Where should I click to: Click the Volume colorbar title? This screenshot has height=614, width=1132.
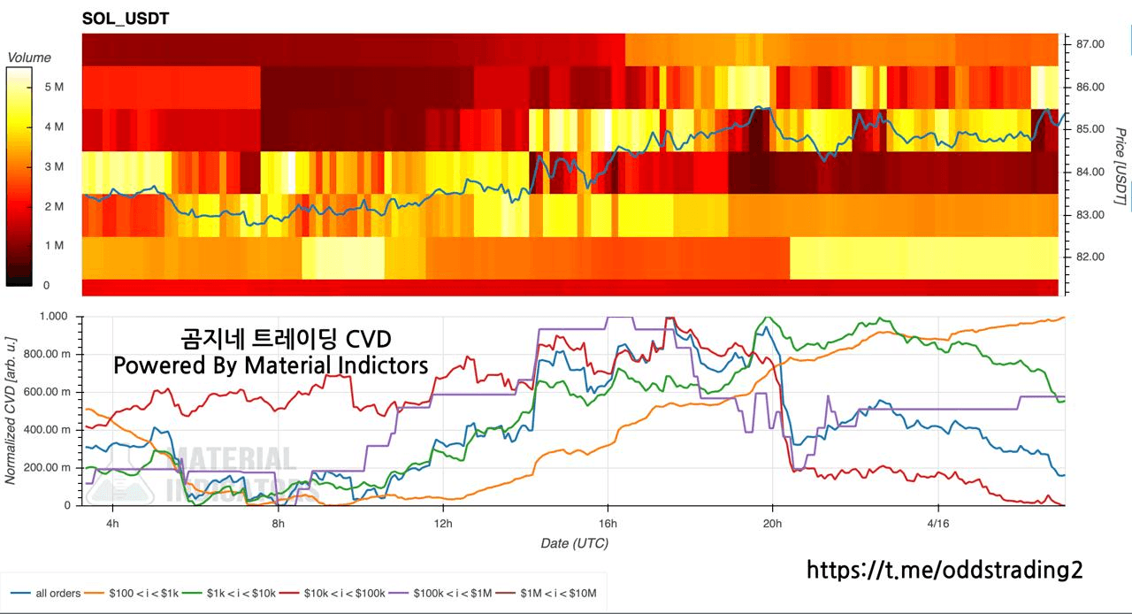click(29, 58)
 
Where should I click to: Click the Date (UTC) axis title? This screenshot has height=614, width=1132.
click(574, 543)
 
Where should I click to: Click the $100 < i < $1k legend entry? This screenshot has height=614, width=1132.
click(142, 593)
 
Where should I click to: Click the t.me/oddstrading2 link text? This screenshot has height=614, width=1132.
click(944, 570)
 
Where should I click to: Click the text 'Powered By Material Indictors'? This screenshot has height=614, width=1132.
click(271, 365)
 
